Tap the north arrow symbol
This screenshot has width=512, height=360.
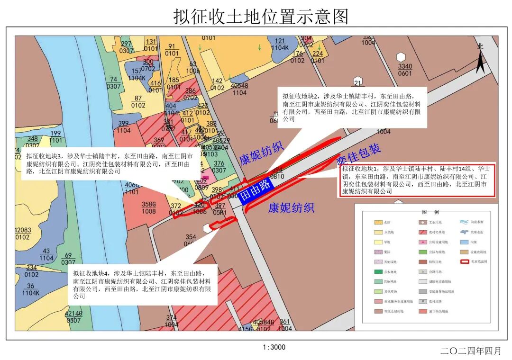[480, 60]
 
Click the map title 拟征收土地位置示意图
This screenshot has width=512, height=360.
[261, 17]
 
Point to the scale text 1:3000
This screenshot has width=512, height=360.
[274, 347]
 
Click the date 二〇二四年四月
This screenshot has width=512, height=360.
[470, 351]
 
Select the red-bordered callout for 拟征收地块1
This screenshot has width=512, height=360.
[417, 180]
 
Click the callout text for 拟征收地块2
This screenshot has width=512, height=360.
[352, 107]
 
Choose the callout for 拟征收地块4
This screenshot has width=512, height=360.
[143, 285]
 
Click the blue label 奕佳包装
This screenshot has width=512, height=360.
[359, 155]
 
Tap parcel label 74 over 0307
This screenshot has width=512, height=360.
[114, 83]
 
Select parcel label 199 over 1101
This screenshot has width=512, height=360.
[55, 137]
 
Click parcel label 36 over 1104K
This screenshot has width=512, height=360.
[30, 289]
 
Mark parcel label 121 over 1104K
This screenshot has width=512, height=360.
[280, 44]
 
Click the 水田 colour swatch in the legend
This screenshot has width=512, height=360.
[378, 222]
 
